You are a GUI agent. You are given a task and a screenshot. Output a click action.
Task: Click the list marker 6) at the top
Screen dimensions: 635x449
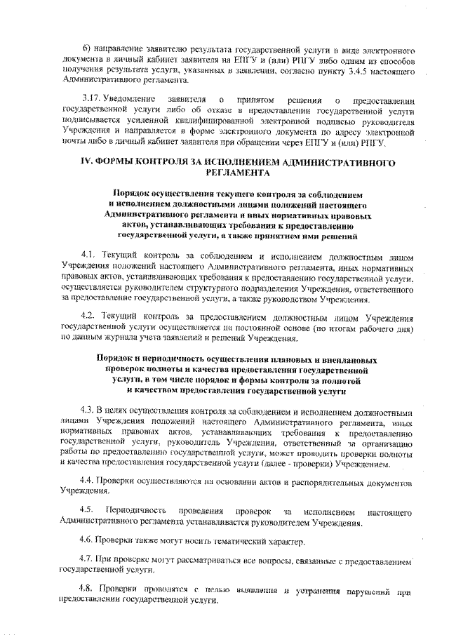(x=88, y=48)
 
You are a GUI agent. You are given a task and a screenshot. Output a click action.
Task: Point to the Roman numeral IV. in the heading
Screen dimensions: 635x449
(x=89, y=162)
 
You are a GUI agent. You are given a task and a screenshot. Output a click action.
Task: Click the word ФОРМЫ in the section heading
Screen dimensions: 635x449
(x=123, y=162)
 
